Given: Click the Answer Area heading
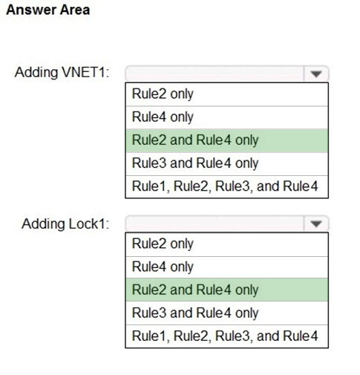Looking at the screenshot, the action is (48, 10).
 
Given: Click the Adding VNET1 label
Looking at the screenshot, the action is (62, 73).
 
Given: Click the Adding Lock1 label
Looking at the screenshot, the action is (65, 224).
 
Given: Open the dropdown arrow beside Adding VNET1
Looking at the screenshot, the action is (316, 74).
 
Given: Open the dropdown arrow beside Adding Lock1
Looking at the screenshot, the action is (316, 224).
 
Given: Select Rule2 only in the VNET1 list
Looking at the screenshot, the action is (163, 94).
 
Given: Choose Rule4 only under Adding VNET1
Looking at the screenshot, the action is (163, 117).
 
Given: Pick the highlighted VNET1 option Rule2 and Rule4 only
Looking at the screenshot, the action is (195, 140).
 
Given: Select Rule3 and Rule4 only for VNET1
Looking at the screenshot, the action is (195, 163).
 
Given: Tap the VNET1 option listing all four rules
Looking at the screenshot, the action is (225, 186).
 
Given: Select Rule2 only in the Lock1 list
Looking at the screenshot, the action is (163, 244).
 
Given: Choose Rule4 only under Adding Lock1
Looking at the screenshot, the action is (163, 267).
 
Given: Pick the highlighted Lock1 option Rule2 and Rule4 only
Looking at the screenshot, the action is (195, 290).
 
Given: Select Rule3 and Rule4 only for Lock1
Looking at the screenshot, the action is (195, 313).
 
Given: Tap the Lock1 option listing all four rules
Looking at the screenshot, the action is (225, 336).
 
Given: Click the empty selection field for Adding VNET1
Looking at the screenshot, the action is (215, 74).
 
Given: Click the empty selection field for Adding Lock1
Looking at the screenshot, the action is (215, 224).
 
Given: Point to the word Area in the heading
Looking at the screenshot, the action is (75, 10).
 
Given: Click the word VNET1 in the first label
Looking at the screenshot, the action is (85, 73).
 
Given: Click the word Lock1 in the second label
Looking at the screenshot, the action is (89, 224).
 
